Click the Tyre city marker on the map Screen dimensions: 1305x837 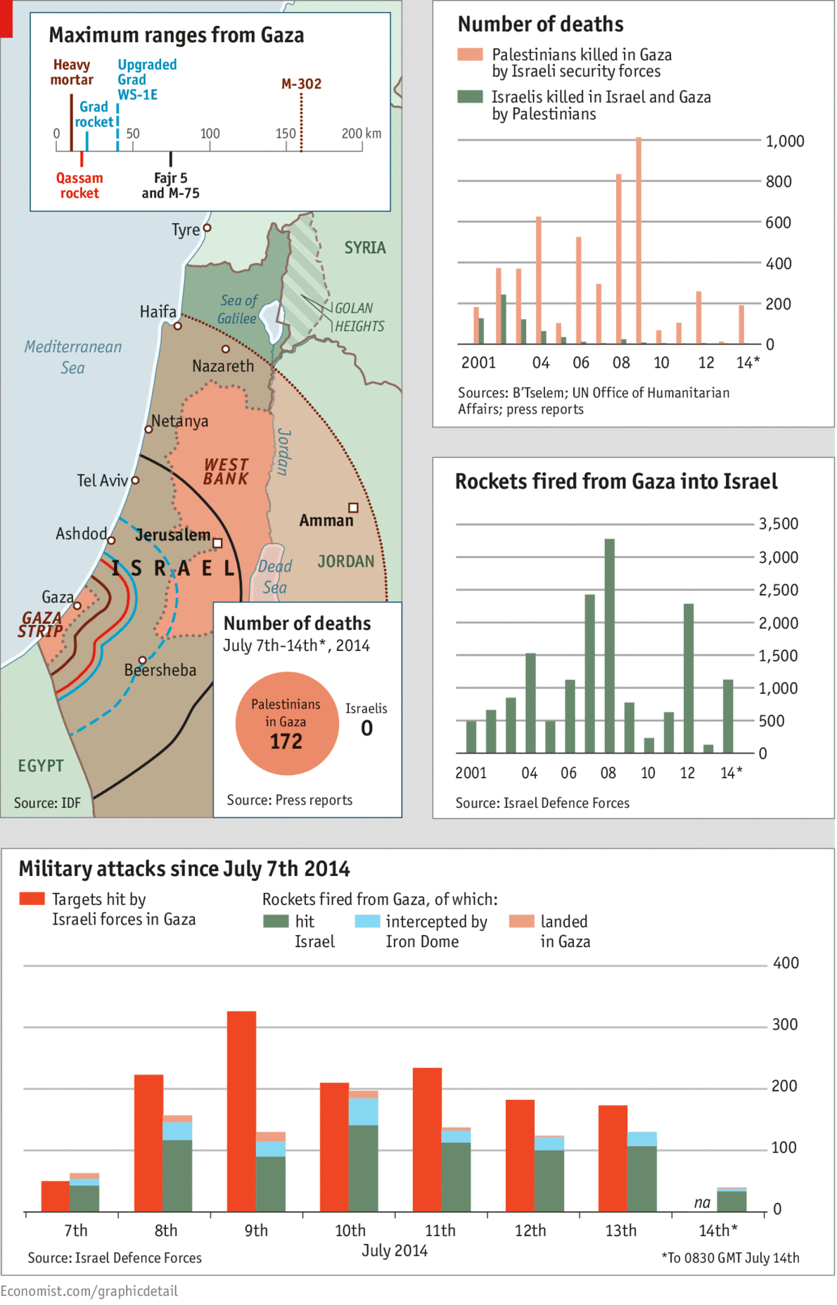tap(207, 228)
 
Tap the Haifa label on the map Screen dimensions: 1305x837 tap(158, 311)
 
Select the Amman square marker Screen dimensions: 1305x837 tap(353, 508)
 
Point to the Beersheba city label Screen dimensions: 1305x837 tap(160, 670)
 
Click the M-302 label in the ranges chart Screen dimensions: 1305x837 tap(301, 84)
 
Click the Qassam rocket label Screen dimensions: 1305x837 tap(79, 186)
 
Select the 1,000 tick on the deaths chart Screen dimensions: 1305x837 tap(784, 141)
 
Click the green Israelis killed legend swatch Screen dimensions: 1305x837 tap(470, 96)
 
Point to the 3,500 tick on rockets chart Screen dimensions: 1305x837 tap(778, 524)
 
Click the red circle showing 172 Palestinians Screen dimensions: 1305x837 tap(287, 723)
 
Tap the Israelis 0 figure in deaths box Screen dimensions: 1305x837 tap(366, 728)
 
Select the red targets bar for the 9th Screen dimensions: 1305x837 tap(241, 1111)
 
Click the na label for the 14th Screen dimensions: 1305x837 tap(702, 1202)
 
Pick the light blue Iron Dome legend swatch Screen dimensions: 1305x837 tap(367, 921)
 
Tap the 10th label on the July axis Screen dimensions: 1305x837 tap(350, 1230)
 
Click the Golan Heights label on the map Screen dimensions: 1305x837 tap(359, 317)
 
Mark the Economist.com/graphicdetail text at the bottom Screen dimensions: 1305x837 tap(89, 1291)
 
